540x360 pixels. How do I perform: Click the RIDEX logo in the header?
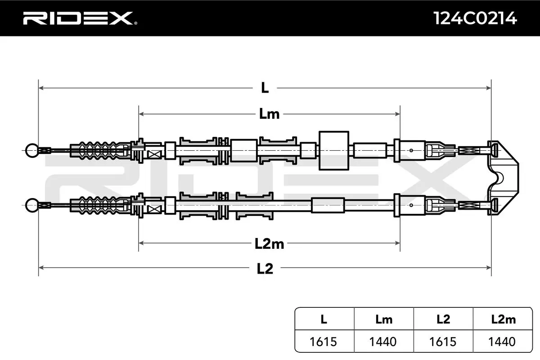(x=80, y=18)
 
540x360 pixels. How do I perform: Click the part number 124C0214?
(x=475, y=18)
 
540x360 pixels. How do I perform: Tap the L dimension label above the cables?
(x=265, y=88)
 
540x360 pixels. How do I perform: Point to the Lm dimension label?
(x=269, y=114)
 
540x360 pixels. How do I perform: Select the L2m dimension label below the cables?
(x=269, y=244)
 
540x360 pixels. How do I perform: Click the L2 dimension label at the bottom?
(x=265, y=269)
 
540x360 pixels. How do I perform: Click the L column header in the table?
(x=324, y=319)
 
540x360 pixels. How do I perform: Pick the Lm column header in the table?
(x=384, y=319)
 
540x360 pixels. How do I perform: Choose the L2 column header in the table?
(x=443, y=319)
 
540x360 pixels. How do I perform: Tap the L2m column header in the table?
(x=504, y=319)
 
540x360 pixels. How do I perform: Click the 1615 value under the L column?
(x=323, y=342)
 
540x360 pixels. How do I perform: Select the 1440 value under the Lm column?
(x=383, y=342)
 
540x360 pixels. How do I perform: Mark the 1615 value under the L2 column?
(x=443, y=342)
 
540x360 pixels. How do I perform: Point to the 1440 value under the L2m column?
(x=502, y=342)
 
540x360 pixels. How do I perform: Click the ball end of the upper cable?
(x=32, y=150)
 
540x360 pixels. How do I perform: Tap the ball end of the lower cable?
(x=32, y=205)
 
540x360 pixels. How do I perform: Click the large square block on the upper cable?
(x=334, y=150)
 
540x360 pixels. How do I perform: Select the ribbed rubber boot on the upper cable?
(x=100, y=151)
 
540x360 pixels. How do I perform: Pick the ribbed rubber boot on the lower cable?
(x=100, y=206)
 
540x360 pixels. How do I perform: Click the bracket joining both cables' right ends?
(x=503, y=178)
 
